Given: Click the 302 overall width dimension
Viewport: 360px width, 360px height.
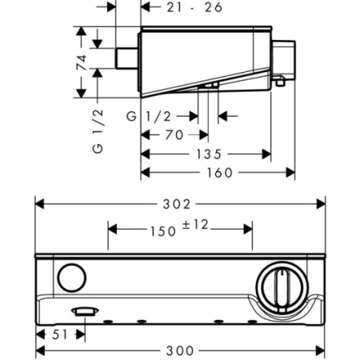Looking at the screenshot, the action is click(177, 204).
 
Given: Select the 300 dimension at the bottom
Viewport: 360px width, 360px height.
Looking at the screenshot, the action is click(180, 350).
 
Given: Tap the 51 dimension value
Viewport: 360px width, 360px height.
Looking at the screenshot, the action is click(59, 334).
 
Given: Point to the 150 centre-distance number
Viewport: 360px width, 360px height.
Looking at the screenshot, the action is click(163, 231).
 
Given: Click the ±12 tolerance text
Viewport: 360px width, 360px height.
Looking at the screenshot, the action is click(195, 225).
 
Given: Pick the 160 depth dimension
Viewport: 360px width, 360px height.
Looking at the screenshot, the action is click(220, 173).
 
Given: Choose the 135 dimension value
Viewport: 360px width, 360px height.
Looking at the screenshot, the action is click(209, 154).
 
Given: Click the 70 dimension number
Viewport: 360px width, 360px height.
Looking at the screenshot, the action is click(174, 135).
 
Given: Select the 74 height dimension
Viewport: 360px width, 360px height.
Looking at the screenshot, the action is click(82, 62).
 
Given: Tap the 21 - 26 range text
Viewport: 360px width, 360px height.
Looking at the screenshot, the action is click(194, 7).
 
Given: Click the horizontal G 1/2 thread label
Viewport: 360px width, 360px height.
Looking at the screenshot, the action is click(149, 117).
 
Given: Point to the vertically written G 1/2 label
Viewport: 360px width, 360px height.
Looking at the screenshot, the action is click(98, 131).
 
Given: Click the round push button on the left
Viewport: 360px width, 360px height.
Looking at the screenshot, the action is click(72, 278).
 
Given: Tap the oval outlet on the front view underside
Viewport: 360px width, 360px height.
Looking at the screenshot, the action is click(85, 311).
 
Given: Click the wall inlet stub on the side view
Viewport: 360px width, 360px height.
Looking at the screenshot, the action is click(126, 58).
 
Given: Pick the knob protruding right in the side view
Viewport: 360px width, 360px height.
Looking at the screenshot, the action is click(284, 60).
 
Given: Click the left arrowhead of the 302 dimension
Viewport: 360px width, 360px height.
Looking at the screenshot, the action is click(39, 204).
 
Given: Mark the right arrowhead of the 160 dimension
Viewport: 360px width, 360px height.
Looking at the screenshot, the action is click(290, 173).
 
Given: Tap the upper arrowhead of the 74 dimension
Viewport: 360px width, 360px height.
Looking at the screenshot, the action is click(82, 31).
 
